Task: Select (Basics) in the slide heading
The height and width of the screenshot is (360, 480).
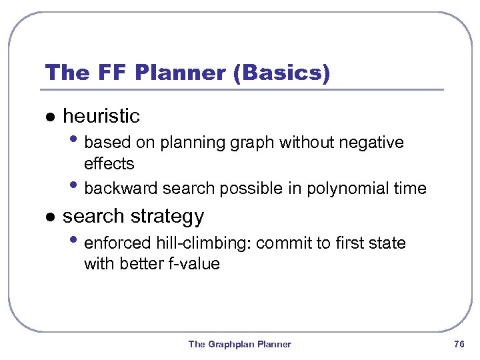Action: pos(281,73)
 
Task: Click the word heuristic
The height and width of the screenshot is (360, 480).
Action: pos(101,116)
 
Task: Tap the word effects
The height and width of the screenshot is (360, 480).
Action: pos(109,163)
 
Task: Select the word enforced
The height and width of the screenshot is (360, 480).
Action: pos(115,243)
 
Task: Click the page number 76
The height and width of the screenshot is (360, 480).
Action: pos(458,344)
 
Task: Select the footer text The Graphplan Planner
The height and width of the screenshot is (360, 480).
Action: pos(239,344)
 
